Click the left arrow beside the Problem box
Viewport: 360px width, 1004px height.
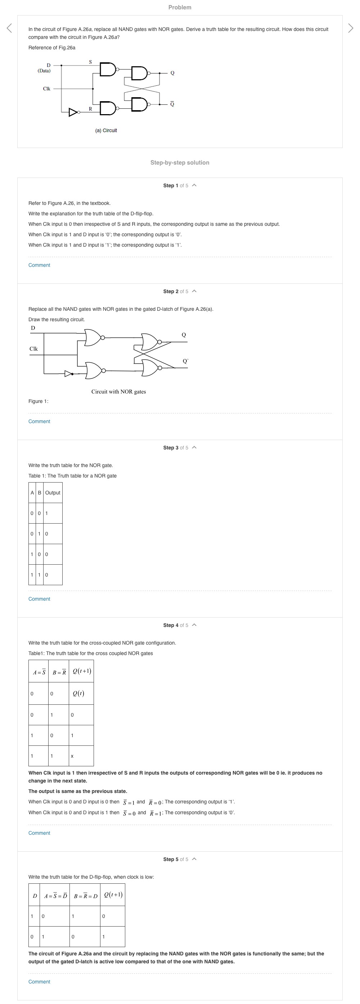pyautogui.click(x=9, y=28)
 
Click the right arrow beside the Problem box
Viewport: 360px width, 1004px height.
pyautogui.click(x=350, y=28)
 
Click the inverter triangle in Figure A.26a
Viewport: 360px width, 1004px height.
pyautogui.click(x=73, y=112)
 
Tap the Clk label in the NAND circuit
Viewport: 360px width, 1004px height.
pyautogui.click(x=46, y=89)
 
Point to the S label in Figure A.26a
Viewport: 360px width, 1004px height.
pyautogui.click(x=90, y=62)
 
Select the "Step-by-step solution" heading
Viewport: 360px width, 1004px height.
pyautogui.click(x=180, y=162)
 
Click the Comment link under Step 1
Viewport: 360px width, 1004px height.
pyautogui.click(x=39, y=265)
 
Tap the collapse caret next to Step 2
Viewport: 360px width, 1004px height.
pyautogui.click(x=194, y=291)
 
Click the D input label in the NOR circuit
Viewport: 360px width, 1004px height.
pyautogui.click(x=33, y=328)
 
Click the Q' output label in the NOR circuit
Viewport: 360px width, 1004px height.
pyautogui.click(x=185, y=361)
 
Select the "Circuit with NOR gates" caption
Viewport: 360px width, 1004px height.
pyautogui.click(x=118, y=392)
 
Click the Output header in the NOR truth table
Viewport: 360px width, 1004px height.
pyautogui.click(x=53, y=493)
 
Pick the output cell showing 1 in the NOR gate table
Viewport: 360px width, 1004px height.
pyautogui.click(x=47, y=513)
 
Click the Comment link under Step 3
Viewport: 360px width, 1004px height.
pyautogui.click(x=39, y=599)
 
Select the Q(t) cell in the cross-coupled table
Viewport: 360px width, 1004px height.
pyautogui.click(x=78, y=693)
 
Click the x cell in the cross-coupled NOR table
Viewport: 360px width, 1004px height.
pyautogui.click(x=72, y=756)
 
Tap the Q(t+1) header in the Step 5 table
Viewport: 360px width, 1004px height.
pyautogui.click(x=113, y=895)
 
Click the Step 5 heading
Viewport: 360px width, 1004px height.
pyautogui.click(x=175, y=859)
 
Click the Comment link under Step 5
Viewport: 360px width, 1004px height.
pyautogui.click(x=39, y=982)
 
